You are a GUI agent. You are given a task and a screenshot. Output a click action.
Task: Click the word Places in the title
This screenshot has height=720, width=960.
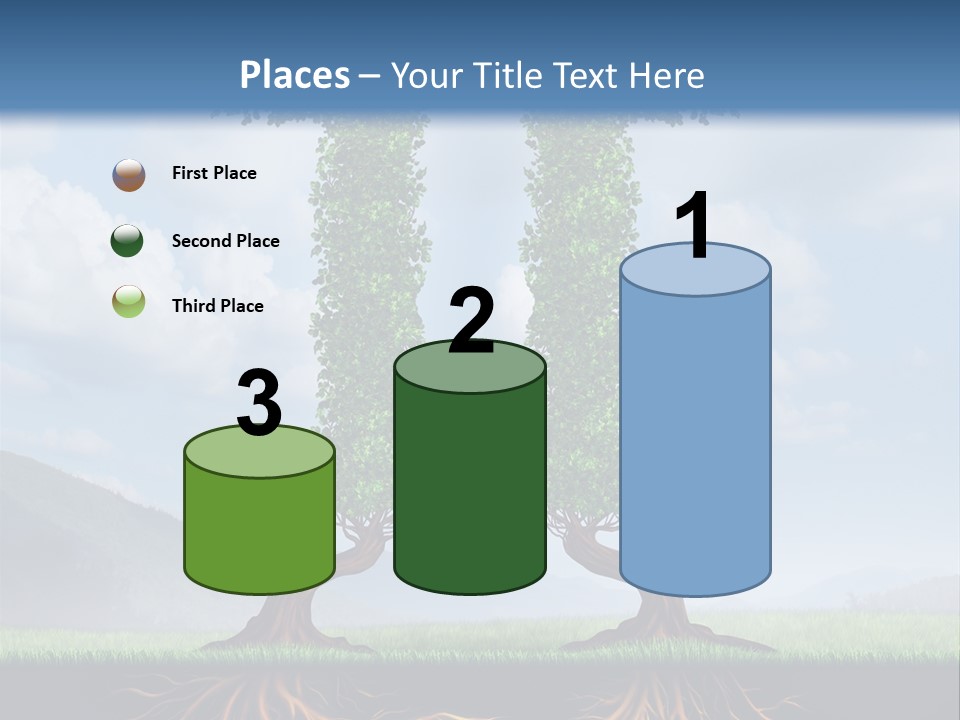coord(294,75)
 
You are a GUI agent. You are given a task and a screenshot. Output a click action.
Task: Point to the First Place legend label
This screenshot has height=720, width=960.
coord(214,173)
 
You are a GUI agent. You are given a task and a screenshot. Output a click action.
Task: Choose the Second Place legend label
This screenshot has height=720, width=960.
coord(225,241)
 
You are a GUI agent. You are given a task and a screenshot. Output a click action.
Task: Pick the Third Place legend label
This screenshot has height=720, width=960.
coord(217,306)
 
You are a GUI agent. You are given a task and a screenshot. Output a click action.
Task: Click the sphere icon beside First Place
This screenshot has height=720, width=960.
coord(129,175)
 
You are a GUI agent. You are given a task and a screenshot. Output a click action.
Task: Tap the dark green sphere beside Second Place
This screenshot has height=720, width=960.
coord(128,241)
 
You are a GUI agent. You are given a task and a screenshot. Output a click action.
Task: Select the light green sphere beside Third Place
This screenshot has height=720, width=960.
coord(129,301)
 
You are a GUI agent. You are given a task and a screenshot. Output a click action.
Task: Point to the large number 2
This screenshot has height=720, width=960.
coord(471,320)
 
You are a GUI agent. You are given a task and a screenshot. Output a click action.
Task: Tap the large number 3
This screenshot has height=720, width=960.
coord(259,404)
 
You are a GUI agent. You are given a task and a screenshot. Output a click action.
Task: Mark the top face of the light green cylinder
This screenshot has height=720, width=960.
coord(260,453)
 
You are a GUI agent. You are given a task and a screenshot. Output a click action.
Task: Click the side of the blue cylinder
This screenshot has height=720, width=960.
coord(695,440)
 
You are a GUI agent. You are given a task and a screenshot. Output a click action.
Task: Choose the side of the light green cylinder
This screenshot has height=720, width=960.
coord(260,530)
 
